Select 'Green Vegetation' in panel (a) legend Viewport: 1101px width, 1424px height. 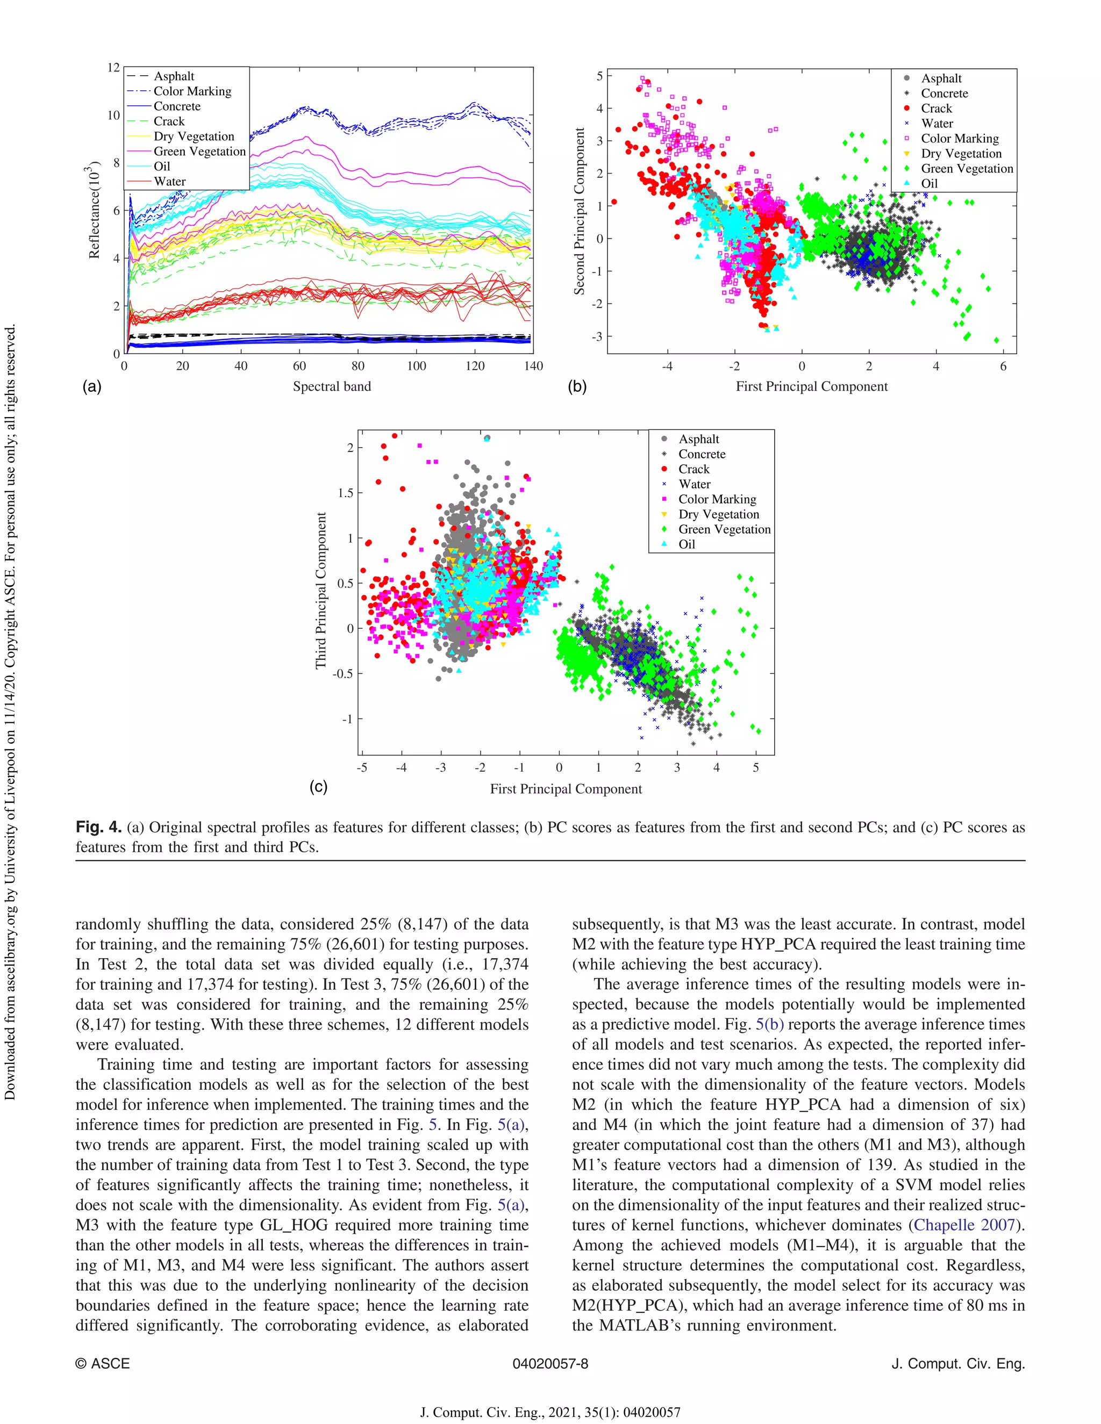click(x=199, y=152)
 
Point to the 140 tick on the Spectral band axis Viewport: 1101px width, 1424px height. click(x=533, y=366)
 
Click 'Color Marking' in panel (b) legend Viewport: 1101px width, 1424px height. click(x=960, y=138)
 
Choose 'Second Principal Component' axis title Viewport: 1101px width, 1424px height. click(x=579, y=211)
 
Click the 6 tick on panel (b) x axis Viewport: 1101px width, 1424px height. click(x=1003, y=366)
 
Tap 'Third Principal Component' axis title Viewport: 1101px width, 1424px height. click(x=321, y=590)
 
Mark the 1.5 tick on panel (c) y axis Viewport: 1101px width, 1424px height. click(x=346, y=493)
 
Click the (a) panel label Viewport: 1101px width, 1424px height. click(x=92, y=387)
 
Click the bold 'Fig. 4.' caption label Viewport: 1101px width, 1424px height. click(x=98, y=828)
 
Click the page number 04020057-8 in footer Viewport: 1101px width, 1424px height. click(x=550, y=1363)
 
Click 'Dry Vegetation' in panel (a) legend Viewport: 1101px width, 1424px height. click(x=194, y=136)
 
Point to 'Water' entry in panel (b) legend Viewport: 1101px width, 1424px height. click(x=936, y=123)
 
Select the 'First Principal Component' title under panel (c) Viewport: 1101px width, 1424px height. click(x=566, y=789)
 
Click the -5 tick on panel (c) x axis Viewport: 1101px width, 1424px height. click(x=362, y=767)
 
